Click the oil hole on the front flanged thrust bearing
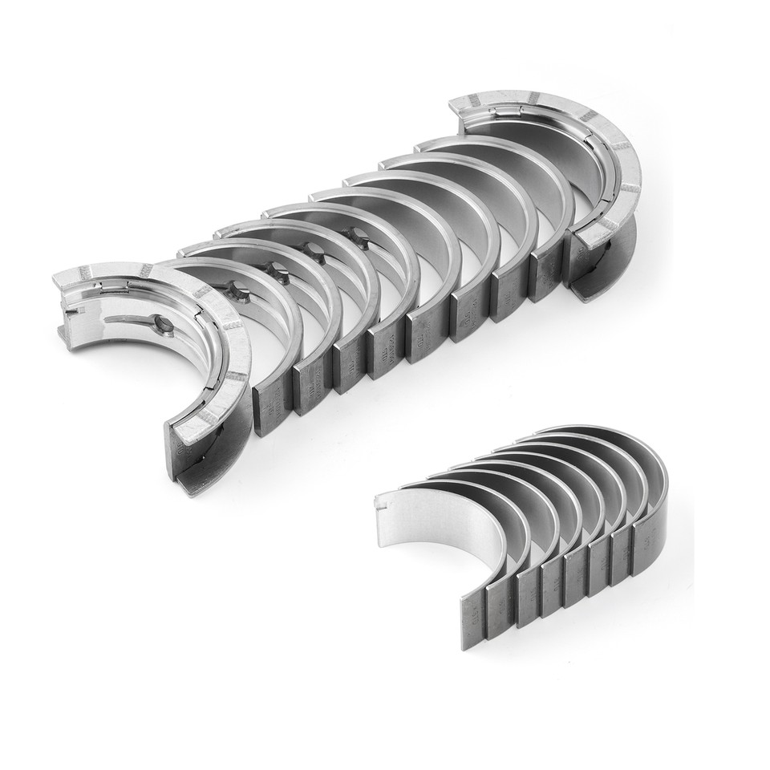165,325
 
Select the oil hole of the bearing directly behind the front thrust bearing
235,290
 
